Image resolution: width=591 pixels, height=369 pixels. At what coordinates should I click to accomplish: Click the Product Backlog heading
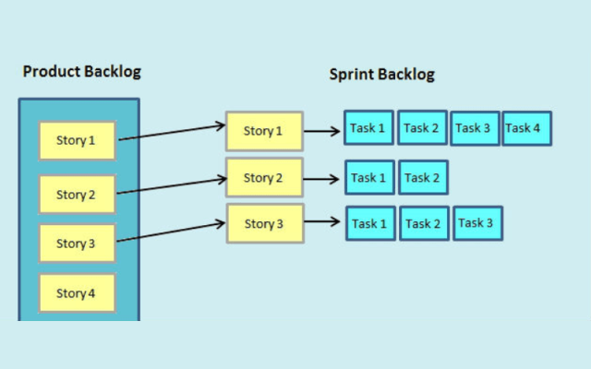(82, 72)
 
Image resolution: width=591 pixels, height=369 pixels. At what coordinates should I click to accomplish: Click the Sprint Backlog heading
(381, 75)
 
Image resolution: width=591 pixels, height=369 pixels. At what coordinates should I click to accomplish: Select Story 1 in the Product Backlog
(78, 141)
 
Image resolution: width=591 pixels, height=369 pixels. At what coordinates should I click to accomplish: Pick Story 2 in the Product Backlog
(78, 195)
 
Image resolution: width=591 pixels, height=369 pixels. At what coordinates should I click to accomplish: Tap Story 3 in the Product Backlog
(78, 244)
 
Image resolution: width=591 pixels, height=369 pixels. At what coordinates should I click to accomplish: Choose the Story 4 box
(78, 293)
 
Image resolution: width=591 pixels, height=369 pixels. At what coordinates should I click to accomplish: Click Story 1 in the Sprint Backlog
(264, 131)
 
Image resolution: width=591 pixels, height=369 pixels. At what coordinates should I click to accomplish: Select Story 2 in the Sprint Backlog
(264, 177)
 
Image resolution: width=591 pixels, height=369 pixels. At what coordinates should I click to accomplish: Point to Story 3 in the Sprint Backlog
(264, 224)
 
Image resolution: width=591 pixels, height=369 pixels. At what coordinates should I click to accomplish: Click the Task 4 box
(526, 128)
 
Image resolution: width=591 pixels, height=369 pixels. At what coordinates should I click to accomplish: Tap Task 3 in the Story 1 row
(475, 128)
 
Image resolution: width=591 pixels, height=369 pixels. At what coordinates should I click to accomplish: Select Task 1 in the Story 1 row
(368, 128)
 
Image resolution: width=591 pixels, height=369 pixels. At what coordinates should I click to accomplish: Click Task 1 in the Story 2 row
(370, 177)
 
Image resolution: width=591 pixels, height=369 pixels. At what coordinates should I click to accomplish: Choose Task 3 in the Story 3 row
(477, 223)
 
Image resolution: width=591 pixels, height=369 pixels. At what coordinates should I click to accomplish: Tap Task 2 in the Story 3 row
(424, 223)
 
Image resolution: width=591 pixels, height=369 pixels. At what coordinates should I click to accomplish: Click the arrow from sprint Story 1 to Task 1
(322, 131)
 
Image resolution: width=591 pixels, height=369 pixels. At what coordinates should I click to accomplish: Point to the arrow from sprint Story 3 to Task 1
(322, 222)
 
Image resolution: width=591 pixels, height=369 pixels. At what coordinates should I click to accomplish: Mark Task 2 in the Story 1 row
(422, 128)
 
